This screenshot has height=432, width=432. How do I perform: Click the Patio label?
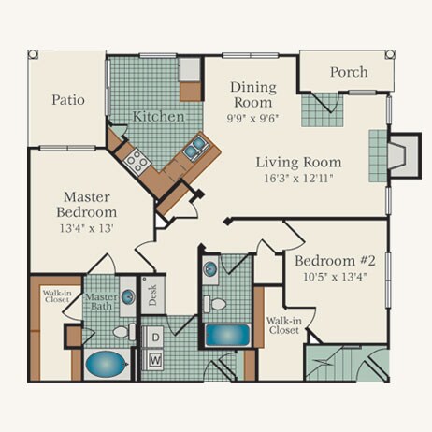(68, 100)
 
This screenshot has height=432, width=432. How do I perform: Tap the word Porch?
(349, 72)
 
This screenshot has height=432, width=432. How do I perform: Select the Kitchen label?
(158, 117)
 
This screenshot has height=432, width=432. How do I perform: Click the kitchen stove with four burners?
(137, 160)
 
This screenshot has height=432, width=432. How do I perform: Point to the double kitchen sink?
(194, 148)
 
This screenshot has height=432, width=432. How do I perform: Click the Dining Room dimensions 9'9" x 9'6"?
(252, 119)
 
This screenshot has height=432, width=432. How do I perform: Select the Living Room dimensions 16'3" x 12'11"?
(299, 179)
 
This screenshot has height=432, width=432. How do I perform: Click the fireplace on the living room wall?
(405, 156)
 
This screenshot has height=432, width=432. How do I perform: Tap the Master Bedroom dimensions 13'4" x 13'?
(86, 228)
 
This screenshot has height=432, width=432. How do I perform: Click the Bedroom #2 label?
(335, 261)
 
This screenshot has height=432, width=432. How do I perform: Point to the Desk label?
(152, 295)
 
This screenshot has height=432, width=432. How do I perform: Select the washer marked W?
(155, 360)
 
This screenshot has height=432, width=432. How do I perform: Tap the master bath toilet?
(124, 332)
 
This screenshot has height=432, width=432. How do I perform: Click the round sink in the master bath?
(128, 296)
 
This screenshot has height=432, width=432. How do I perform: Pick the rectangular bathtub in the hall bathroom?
(227, 336)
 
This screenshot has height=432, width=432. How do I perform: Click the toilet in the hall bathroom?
(215, 304)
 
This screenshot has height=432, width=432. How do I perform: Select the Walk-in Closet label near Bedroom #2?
(283, 325)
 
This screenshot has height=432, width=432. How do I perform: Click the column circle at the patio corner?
(33, 54)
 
